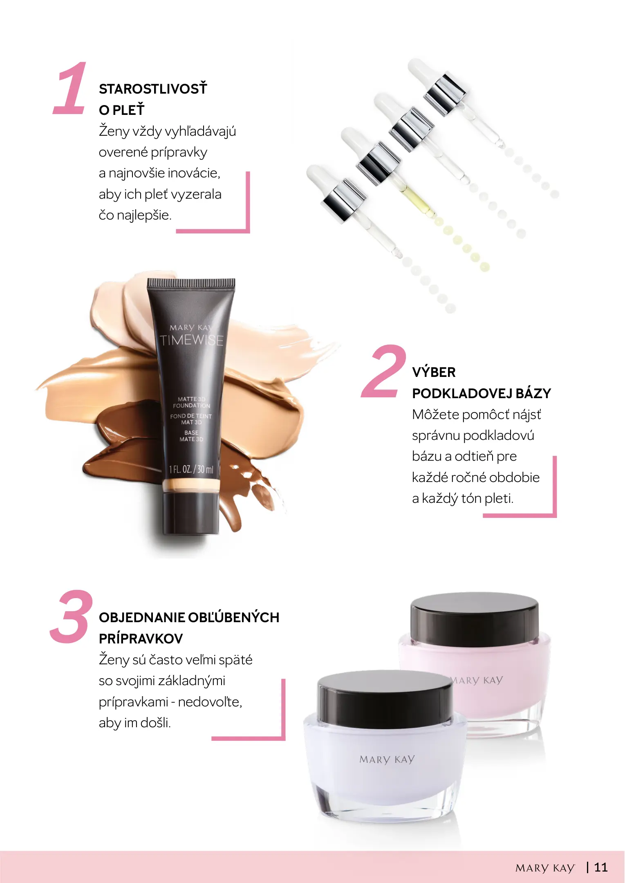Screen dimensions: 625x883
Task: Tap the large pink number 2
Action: click(x=383, y=371)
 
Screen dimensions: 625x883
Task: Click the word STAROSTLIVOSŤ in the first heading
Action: click(x=153, y=89)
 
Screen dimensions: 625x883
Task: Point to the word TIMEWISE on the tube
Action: click(x=191, y=340)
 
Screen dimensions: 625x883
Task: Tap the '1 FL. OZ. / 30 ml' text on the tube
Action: click(x=191, y=469)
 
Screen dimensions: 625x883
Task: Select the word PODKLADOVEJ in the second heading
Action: click(x=462, y=393)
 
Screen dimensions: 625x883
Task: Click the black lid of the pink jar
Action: click(x=475, y=619)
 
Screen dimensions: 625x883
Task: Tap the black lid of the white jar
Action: click(x=385, y=699)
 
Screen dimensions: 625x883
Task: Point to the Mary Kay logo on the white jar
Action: click(x=387, y=760)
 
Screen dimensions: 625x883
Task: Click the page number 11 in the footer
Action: click(x=601, y=867)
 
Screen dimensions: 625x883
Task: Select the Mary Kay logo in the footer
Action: click(x=545, y=868)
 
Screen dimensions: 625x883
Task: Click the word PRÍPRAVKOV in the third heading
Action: click(x=141, y=639)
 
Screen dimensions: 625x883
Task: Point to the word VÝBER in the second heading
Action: click(x=434, y=372)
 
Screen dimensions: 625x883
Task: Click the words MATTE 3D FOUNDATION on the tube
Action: click(x=191, y=402)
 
